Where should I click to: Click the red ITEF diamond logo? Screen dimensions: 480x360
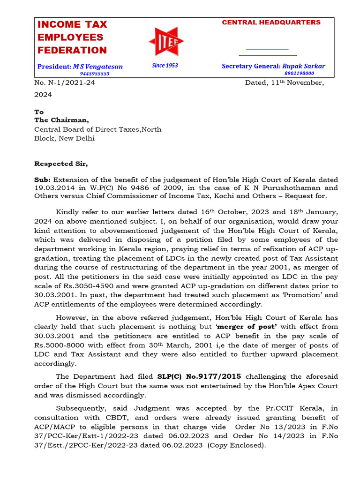[165, 41]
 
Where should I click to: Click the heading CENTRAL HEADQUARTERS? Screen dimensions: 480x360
[271, 22]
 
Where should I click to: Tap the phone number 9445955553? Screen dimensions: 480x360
[94, 74]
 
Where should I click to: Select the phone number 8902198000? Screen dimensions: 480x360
[299, 73]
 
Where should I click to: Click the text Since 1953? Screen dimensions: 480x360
[165, 66]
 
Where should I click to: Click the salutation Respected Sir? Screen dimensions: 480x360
[61, 164]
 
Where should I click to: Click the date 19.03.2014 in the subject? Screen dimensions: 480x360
[53, 187]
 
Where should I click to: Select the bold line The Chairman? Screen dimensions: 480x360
[61, 120]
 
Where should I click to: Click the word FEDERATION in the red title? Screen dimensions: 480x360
[72, 50]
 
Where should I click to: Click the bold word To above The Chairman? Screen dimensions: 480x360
[39, 112]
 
